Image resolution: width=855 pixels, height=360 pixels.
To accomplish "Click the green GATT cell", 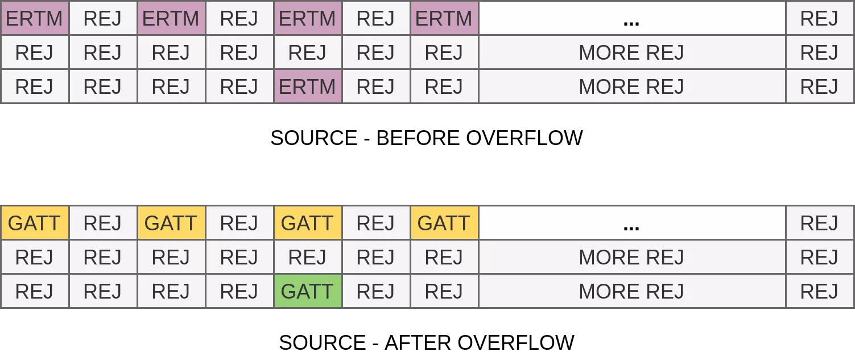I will [307, 291].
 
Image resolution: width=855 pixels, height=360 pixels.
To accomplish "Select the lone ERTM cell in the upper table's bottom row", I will [307, 86].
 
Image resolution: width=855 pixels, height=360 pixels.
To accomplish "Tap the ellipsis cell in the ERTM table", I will [631, 19].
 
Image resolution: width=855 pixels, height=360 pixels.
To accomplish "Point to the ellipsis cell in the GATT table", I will [631, 223].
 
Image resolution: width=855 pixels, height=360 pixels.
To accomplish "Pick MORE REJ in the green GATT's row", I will [631, 291].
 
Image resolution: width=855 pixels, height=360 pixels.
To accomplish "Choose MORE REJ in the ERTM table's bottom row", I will [631, 86].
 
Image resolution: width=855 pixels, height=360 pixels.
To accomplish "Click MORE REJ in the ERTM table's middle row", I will [631, 52].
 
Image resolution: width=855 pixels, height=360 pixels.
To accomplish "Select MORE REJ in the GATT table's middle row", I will [631, 257].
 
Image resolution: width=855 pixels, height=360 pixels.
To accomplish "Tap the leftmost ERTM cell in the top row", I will [34, 19].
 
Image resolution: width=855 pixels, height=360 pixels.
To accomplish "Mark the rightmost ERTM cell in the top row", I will [444, 19].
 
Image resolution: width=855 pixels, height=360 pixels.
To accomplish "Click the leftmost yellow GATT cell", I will [34, 223].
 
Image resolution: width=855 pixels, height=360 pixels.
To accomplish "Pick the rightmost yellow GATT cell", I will [444, 223].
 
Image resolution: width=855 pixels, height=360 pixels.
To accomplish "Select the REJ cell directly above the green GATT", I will [307, 257].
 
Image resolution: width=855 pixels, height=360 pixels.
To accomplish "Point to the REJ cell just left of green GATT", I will [239, 291].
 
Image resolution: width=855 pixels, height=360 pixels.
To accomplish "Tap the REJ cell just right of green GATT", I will [375, 291].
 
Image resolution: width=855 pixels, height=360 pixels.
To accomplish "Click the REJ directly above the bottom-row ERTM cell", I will [307, 52].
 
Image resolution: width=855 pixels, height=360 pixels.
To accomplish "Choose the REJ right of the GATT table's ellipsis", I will [819, 223].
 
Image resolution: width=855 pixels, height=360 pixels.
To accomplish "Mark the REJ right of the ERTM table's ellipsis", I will [819, 19].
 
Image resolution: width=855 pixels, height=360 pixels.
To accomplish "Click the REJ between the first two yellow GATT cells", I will [102, 223].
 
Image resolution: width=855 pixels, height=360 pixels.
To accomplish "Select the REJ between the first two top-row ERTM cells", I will [102, 19].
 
